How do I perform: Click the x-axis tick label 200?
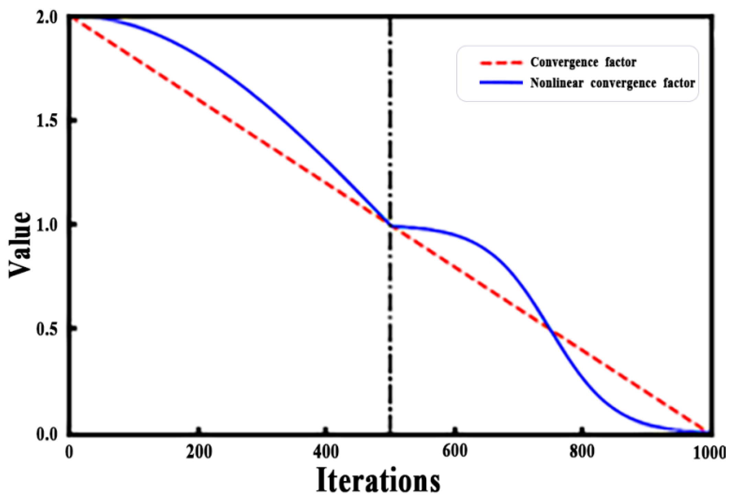click(199, 453)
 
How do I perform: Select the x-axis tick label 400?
click(326, 453)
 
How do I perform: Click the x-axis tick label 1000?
click(709, 453)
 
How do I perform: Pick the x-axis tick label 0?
click(69, 453)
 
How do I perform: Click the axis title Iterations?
click(378, 481)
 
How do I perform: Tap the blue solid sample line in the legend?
click(501, 83)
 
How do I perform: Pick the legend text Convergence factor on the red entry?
click(583, 62)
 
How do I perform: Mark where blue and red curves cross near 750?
click(551, 331)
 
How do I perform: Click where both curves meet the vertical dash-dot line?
click(390, 225)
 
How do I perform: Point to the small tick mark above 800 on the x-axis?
click(582, 430)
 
